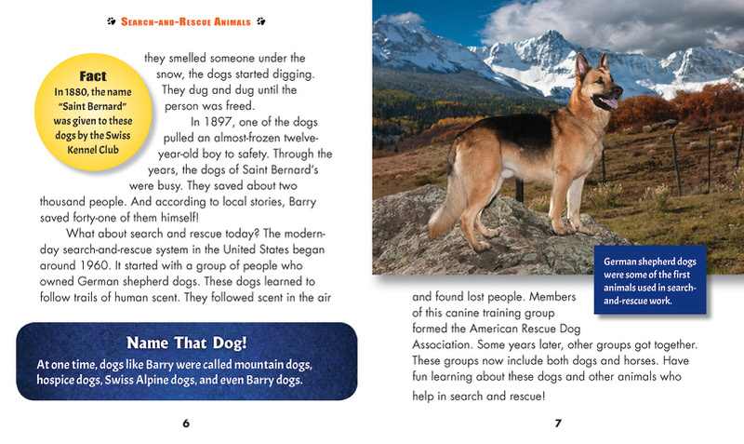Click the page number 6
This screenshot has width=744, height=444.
186,424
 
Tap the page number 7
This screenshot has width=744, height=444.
558,424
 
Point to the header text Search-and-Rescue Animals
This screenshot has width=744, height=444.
186,18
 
